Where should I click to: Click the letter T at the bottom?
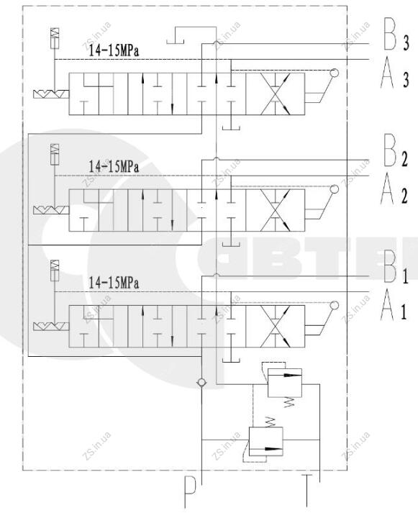point(306,491)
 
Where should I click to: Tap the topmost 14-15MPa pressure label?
point(114,50)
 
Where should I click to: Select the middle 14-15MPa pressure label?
point(114,167)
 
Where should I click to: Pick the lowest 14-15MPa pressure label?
point(114,283)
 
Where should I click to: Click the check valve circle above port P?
point(201,383)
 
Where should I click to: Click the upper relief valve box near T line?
point(284,383)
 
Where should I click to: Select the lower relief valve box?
point(265,441)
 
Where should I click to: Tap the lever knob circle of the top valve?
point(334,73)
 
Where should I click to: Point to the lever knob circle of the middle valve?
point(334,189)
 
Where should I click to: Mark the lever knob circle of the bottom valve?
point(334,305)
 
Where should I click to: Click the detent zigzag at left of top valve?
point(51,94)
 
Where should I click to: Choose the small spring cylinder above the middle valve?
point(55,154)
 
